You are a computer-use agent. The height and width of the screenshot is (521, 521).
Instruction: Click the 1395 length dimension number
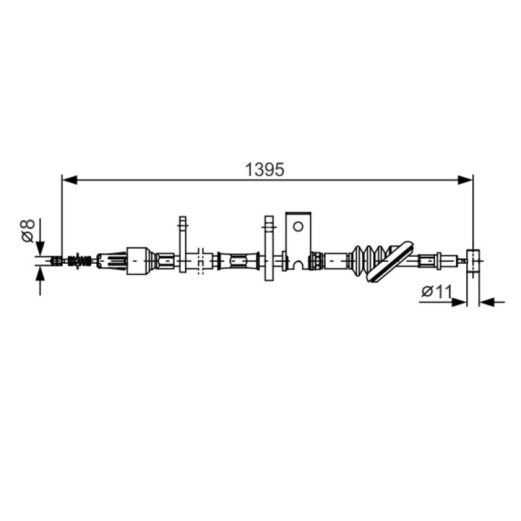click(264, 170)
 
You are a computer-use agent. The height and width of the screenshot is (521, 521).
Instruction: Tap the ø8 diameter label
click(28, 231)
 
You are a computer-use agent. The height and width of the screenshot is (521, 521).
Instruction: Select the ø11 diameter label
click(436, 292)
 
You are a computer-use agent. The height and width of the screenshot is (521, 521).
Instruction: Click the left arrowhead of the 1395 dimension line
click(70, 180)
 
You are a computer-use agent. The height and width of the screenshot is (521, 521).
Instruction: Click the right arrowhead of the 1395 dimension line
click(465, 180)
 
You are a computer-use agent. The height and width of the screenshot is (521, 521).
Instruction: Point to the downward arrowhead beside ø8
click(40, 249)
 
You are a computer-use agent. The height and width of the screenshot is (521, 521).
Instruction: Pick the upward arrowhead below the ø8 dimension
click(40, 273)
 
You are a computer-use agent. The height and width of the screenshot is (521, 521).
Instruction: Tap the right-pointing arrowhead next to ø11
click(460, 302)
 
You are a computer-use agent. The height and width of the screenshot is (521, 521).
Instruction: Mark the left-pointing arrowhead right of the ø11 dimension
click(486, 302)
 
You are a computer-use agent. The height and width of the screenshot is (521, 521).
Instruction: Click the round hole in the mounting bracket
click(298, 227)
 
